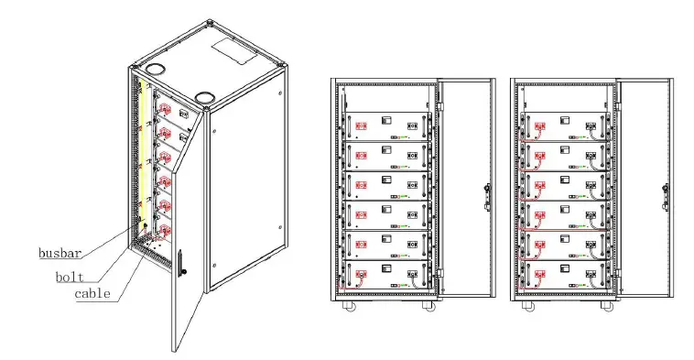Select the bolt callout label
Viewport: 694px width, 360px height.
[x=70, y=274]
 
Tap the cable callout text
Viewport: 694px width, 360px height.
[x=92, y=294]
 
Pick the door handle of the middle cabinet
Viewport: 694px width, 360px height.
[x=486, y=195]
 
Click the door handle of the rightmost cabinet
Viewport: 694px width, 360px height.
[x=665, y=195]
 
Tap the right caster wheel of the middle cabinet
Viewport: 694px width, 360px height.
[x=428, y=306]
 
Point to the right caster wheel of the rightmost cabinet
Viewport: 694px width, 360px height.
[x=606, y=306]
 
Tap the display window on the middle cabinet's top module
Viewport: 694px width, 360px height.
[x=388, y=120]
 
